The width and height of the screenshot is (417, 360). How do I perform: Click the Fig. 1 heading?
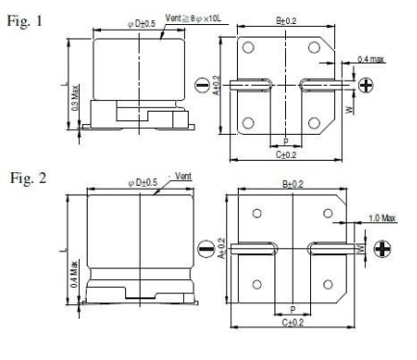(x=25, y=21)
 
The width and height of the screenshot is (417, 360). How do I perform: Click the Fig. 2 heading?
(x=28, y=178)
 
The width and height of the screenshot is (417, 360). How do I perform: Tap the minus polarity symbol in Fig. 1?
(x=201, y=86)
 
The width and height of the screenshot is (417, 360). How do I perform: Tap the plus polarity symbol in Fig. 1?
(x=365, y=86)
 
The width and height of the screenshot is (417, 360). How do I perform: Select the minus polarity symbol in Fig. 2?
(x=206, y=248)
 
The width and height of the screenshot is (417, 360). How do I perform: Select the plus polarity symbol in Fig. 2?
(x=382, y=249)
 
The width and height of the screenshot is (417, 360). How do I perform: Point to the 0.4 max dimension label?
(x=371, y=60)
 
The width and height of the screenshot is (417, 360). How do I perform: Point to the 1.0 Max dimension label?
(x=382, y=219)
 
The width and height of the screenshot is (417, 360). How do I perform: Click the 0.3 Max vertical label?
(x=75, y=97)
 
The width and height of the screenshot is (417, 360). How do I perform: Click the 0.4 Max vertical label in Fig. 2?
(x=74, y=273)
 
